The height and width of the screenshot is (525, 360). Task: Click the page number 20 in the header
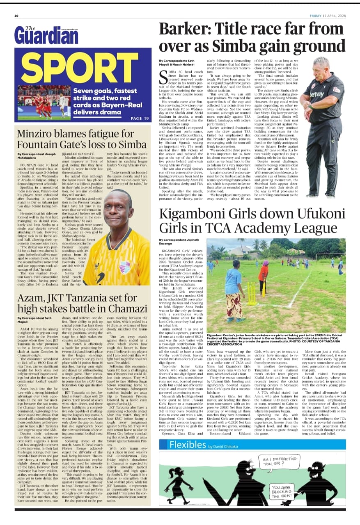pos(17,16)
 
